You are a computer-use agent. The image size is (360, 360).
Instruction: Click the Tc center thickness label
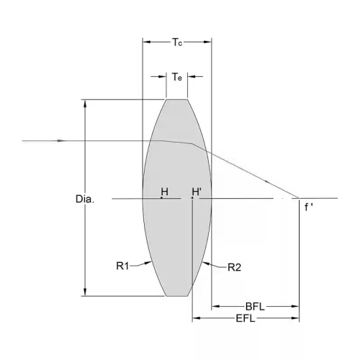tap(177, 42)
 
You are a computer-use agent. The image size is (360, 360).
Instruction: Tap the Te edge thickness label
tap(177, 77)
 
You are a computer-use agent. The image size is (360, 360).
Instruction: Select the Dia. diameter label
tap(85, 199)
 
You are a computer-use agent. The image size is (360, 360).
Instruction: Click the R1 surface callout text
tap(122, 266)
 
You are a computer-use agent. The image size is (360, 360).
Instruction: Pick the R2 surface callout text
tap(234, 267)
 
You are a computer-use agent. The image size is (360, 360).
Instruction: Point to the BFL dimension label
tap(255, 307)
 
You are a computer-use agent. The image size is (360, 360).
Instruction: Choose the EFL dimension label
tap(246, 318)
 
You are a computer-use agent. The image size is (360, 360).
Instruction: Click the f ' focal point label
tap(309, 207)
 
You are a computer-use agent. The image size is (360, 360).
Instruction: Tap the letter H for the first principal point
tap(165, 192)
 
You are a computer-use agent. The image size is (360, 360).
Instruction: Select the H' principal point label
tap(197, 192)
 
